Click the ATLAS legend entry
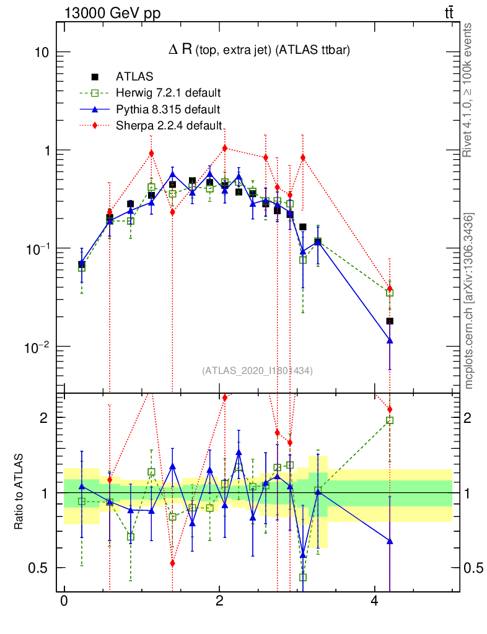pos(130,77)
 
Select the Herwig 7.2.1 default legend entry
pos(168,93)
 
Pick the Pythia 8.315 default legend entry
pos(167,110)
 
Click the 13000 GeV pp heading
pos(111,13)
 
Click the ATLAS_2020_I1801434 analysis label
pos(257,371)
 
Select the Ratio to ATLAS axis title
pos(19,492)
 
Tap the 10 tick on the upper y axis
pos(41,52)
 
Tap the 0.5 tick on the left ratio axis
pos(38,568)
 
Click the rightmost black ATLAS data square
pos(390,321)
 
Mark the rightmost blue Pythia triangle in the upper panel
pos(390,341)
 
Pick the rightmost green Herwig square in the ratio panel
pos(390,420)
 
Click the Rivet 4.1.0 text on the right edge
pos(468,90)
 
